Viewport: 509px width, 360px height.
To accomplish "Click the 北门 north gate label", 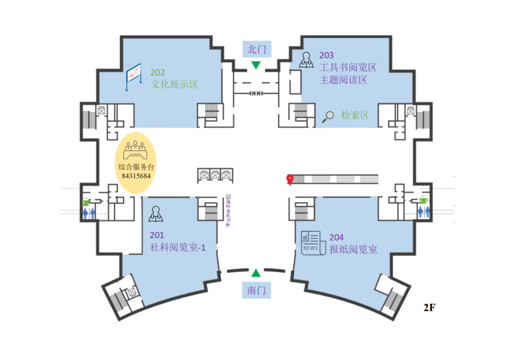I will pyautogui.click(x=257, y=49).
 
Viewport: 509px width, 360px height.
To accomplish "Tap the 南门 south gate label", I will pyautogui.click(x=256, y=291).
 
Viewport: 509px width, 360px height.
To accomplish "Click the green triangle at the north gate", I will pyautogui.click(x=256, y=65).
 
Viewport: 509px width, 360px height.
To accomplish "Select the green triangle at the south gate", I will pyautogui.click(x=256, y=273).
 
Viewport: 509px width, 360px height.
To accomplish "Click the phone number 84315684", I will pyautogui.click(x=136, y=176).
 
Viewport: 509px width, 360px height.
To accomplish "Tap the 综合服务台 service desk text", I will pyautogui.click(x=136, y=167).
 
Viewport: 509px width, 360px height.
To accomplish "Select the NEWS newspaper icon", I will pyautogui.click(x=310, y=242).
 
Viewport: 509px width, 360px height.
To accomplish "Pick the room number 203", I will pyautogui.click(x=326, y=56).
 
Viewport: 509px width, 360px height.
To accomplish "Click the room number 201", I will pyautogui.click(x=157, y=236).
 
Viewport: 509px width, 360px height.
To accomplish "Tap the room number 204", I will pyautogui.click(x=336, y=238).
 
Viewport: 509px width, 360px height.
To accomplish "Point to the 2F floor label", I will pyautogui.click(x=429, y=308).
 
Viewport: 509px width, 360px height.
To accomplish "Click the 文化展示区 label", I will pyautogui.click(x=174, y=84).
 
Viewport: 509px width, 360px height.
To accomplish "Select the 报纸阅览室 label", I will pyautogui.click(x=353, y=250).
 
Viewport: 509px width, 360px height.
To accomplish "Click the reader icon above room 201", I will pyautogui.click(x=155, y=213).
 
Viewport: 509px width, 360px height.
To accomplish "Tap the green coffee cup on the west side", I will pyautogui.click(x=86, y=201).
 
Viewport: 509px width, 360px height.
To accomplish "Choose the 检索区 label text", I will pyautogui.click(x=355, y=115).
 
